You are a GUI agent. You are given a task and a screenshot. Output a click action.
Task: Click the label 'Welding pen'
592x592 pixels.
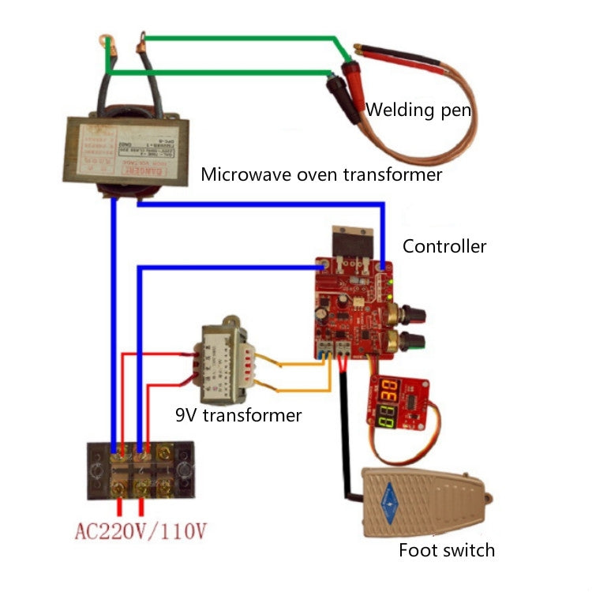click(x=418, y=109)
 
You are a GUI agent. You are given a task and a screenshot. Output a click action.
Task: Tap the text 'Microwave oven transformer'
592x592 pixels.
click(x=321, y=174)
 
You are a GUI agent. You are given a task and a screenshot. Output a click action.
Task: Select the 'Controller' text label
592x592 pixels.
click(x=444, y=245)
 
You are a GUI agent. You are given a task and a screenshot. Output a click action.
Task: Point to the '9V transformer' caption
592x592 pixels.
click(x=238, y=414)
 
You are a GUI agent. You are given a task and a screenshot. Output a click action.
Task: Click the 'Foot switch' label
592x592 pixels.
click(x=446, y=549)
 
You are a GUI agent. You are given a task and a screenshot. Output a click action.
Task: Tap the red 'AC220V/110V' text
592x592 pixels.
click(x=140, y=530)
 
